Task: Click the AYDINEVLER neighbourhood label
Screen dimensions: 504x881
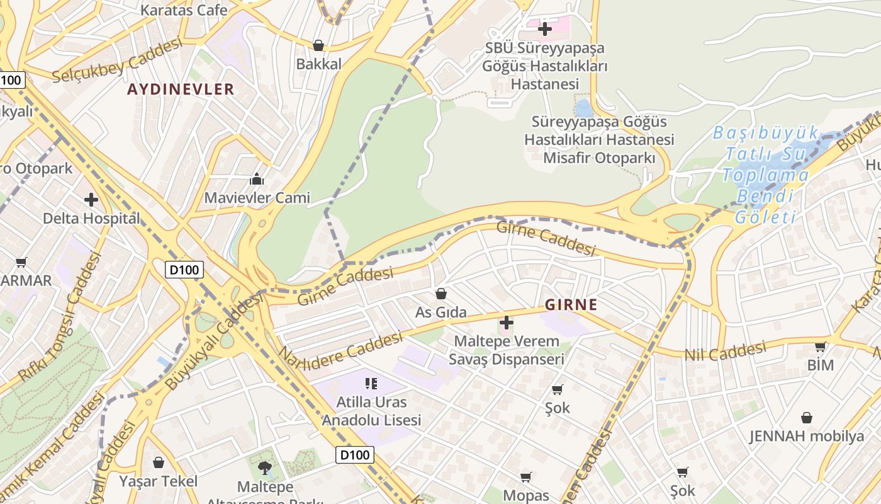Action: point(181,89)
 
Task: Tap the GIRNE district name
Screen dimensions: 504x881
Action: point(571,305)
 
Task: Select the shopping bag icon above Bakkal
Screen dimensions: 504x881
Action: point(318,45)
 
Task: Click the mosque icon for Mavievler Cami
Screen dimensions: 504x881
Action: point(257,180)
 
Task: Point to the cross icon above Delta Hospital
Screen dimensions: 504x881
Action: point(91,200)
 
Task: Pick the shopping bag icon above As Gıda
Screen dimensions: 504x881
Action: point(441,294)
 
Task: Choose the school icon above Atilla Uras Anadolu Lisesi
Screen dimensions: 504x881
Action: point(371,383)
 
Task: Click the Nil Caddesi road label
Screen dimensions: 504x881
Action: point(725,351)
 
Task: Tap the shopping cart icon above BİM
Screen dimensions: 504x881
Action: point(820,346)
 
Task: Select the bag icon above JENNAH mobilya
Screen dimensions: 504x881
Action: point(806,418)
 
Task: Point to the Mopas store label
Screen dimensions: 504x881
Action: point(526,495)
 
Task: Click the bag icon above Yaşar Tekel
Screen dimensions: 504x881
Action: point(159,463)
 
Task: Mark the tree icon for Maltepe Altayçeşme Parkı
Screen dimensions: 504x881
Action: point(265,467)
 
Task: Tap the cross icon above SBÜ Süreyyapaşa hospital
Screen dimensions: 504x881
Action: point(544,29)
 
